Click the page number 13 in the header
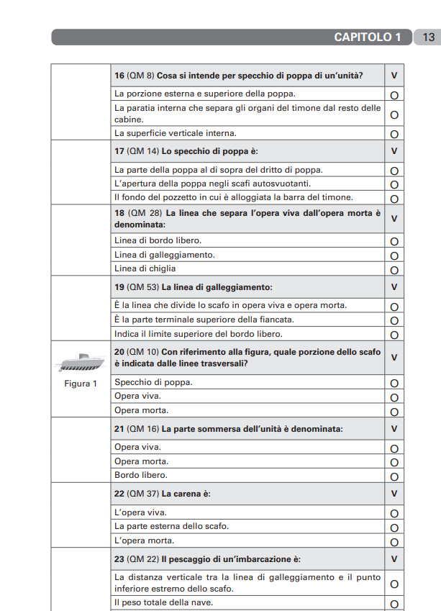coord(428,37)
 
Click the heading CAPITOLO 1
coord(368,37)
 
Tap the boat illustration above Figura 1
coord(80,361)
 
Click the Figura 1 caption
coord(81,384)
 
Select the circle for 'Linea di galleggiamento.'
coord(394,255)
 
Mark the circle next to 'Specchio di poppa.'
coord(394,384)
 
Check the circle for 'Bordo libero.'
coord(394,476)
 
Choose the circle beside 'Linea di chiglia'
coord(394,269)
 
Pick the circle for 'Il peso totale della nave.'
coord(394,603)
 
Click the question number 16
coord(119,75)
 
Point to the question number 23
coord(119,559)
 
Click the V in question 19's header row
coord(394,287)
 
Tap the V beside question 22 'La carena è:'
coord(394,494)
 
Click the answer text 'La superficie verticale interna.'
coord(175,133)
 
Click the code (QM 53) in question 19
coord(142,287)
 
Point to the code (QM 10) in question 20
coord(142,351)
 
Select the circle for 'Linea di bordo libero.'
coord(394,242)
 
